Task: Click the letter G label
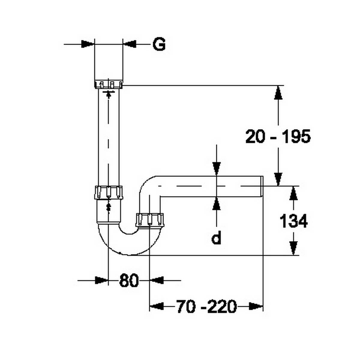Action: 159,44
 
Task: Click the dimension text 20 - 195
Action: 278,137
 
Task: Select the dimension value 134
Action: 293,222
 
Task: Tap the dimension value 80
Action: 129,281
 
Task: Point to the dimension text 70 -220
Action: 206,307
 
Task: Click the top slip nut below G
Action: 109,84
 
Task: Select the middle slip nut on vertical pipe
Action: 109,193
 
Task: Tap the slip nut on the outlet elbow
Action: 150,220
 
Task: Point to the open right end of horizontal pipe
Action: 262,186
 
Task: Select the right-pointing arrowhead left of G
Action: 88,44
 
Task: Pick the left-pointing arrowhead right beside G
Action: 130,44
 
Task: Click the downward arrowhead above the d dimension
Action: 216,168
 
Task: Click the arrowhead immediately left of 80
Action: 101,280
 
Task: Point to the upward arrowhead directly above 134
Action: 294,193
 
